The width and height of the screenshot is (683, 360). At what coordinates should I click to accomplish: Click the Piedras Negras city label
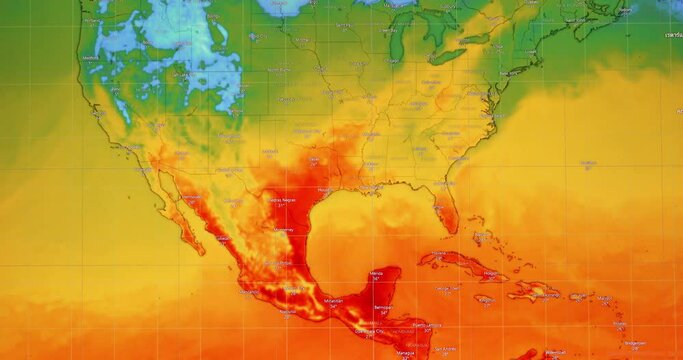(281, 200)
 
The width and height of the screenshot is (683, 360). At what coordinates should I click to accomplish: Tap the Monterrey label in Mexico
(284, 230)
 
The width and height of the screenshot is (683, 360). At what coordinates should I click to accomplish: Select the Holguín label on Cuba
(490, 272)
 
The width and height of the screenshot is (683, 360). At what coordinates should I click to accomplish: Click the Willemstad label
(556, 352)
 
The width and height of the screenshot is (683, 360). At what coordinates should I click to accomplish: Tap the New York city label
(509, 73)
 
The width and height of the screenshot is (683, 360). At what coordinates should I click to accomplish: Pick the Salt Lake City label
(180, 74)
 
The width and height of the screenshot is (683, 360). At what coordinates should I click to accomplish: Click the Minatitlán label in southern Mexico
(333, 300)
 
